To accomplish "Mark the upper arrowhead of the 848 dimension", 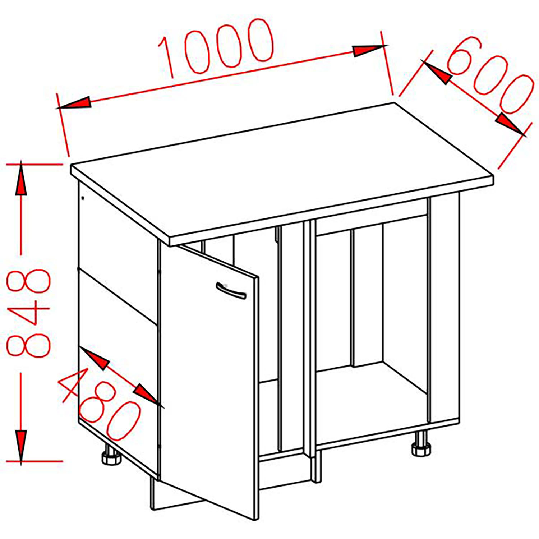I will point(21,180).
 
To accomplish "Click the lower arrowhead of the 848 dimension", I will point(21,446).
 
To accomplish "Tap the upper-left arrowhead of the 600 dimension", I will point(437,74).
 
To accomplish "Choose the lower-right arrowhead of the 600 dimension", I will point(510,124).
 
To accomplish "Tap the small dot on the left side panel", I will point(83,198).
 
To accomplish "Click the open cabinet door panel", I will point(208,377).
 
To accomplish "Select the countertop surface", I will point(280,169).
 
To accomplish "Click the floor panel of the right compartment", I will point(370,399).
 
